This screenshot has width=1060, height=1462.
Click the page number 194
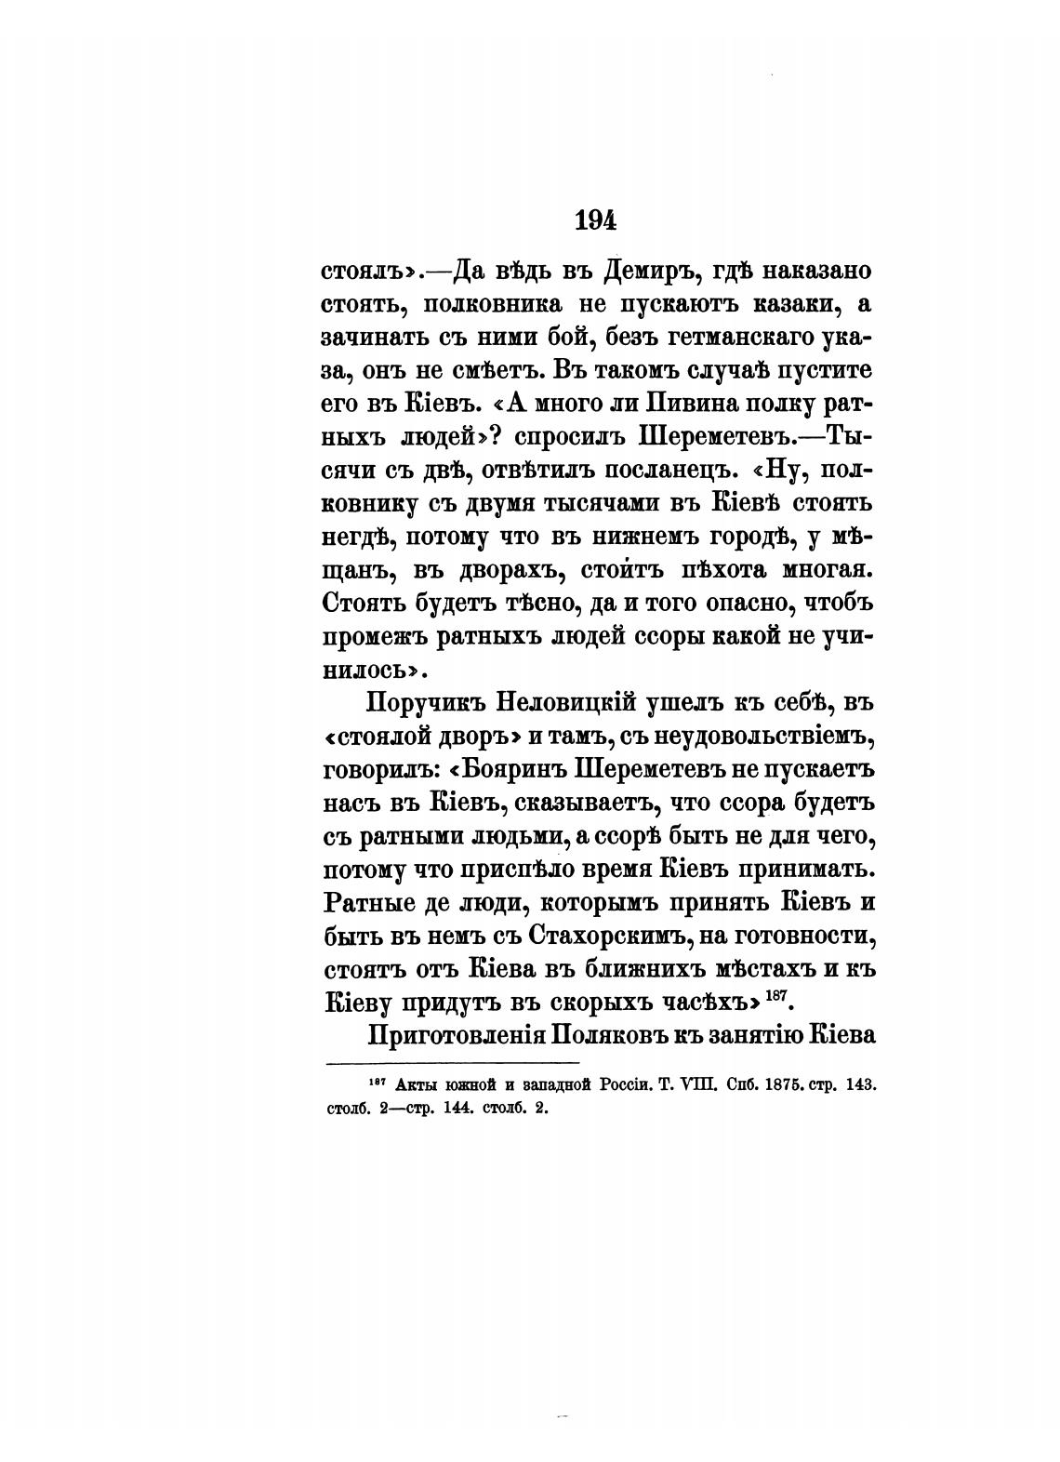(x=597, y=220)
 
